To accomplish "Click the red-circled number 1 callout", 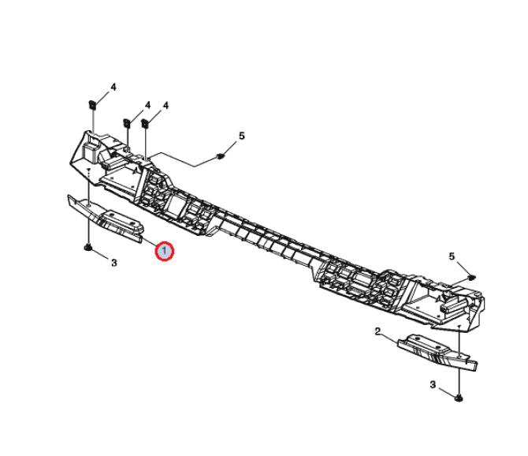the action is click(165, 251).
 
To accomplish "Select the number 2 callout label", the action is click(377, 331).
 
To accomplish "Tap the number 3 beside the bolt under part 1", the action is click(113, 262).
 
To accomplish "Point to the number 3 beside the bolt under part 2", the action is click(433, 384).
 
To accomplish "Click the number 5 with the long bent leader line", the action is click(242, 136).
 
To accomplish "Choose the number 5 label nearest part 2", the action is click(452, 256).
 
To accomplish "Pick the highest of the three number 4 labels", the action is click(113, 87).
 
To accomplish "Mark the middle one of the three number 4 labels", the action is click(147, 105).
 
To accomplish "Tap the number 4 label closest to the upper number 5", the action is click(165, 106).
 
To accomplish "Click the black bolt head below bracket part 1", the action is click(87, 248).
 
